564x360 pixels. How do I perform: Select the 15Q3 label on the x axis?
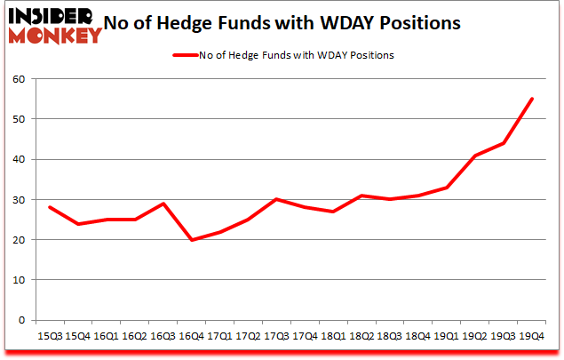[x=50, y=336]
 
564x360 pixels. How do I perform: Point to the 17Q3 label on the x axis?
[x=277, y=336]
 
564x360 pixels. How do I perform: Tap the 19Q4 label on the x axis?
[x=530, y=336]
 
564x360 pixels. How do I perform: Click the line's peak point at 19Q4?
[x=531, y=99]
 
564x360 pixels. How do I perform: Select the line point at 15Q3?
[x=50, y=207]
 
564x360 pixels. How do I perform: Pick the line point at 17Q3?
[x=277, y=199]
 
